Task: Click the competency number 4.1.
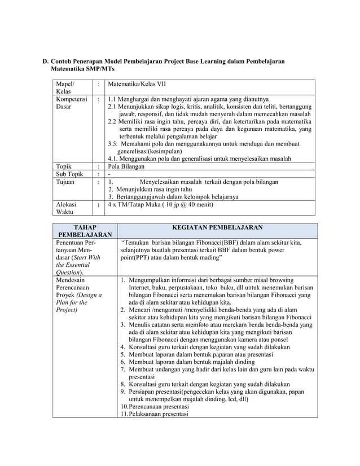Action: point(113,159)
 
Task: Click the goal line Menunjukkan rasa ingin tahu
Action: point(155,190)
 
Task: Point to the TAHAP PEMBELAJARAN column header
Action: point(84,231)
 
